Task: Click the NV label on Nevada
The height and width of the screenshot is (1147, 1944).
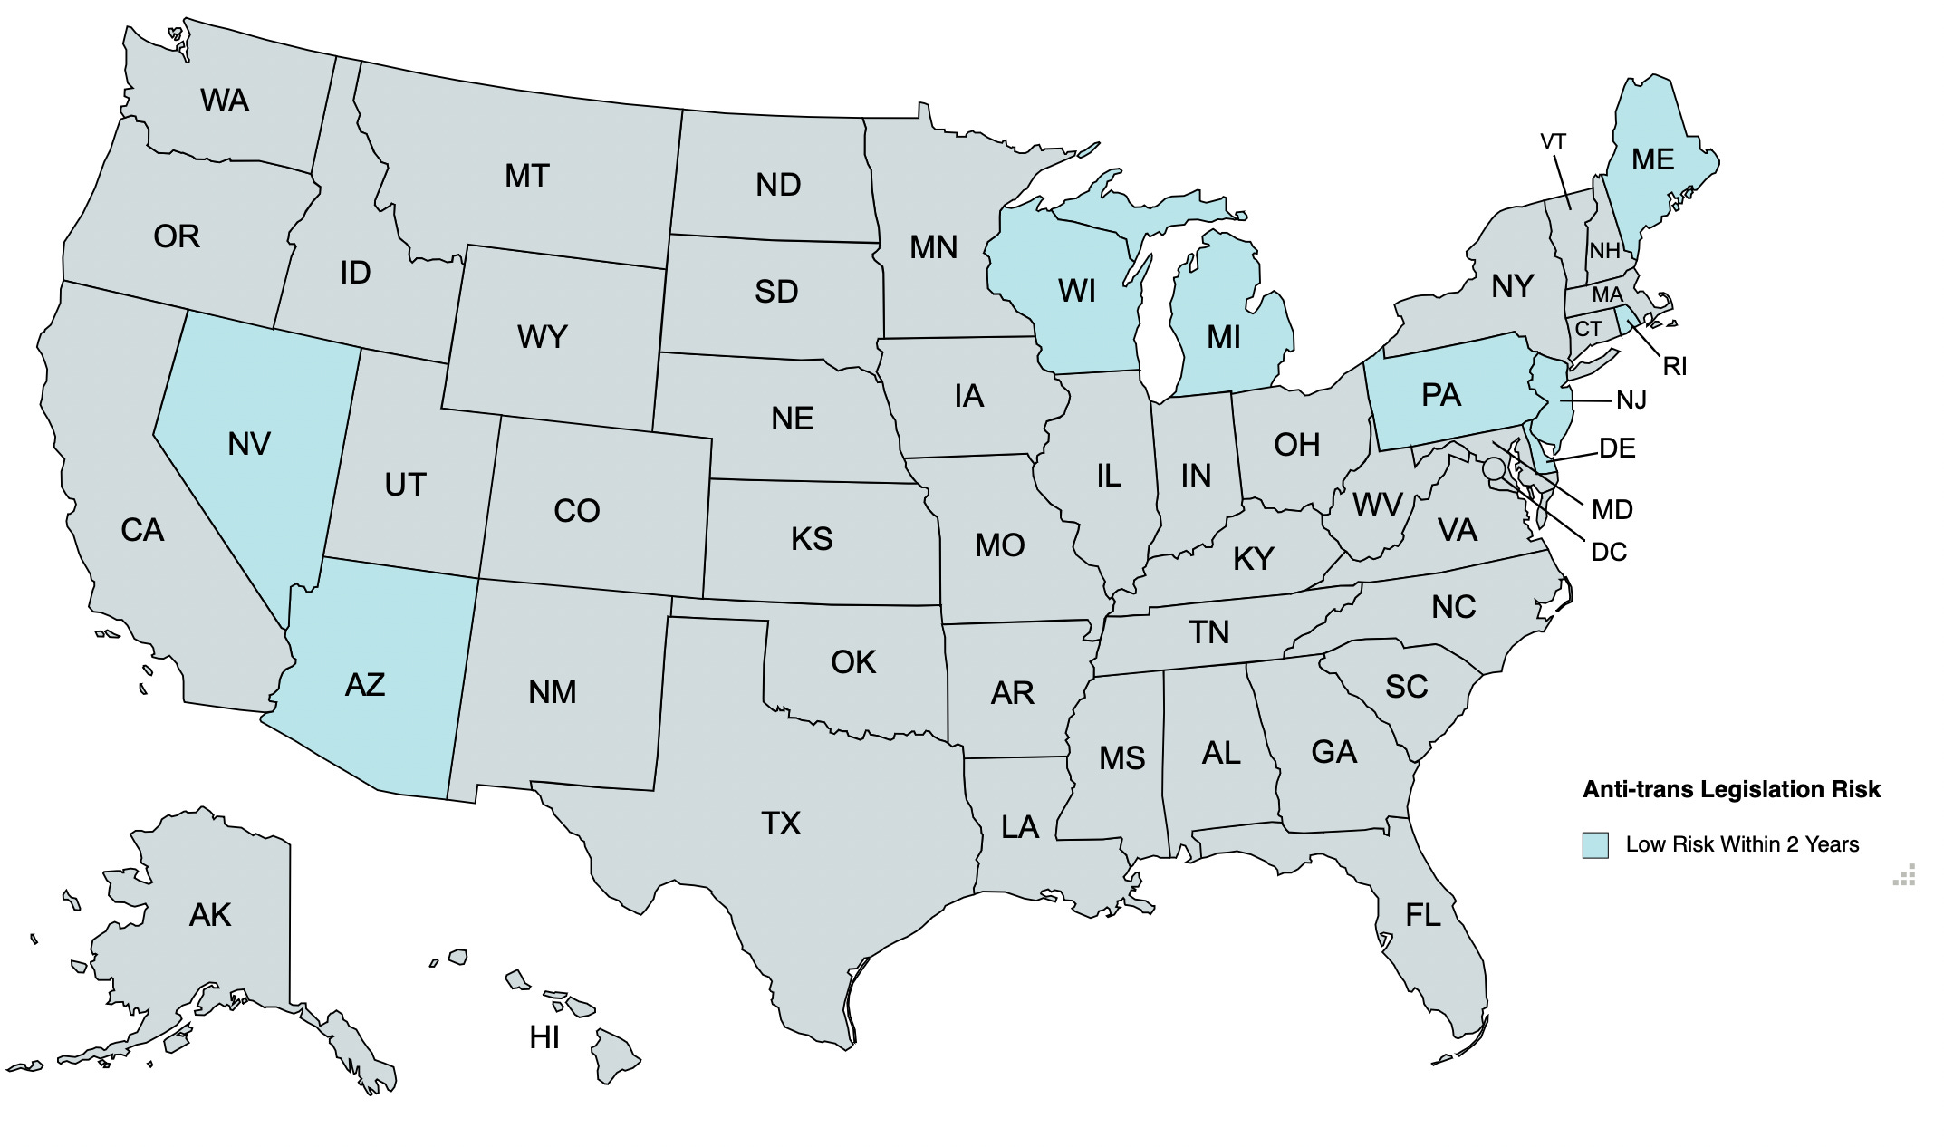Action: click(249, 444)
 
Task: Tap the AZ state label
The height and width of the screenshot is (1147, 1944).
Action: click(365, 685)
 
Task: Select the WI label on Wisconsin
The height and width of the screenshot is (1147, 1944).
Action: click(1076, 292)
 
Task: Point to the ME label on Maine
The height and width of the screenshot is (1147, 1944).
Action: click(1652, 160)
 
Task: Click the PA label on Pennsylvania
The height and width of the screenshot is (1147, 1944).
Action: click(1440, 396)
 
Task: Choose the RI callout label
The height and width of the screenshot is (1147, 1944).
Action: click(1674, 367)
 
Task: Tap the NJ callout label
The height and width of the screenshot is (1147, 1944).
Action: click(1631, 400)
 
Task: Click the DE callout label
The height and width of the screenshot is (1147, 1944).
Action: click(1617, 448)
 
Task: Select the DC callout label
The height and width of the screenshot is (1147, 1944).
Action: click(1609, 552)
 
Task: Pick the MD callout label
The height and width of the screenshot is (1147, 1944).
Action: click(1612, 510)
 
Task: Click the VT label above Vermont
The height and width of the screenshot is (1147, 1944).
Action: click(1553, 142)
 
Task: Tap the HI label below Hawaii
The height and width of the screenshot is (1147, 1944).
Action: click(544, 1037)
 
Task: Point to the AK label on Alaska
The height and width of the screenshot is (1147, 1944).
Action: click(210, 915)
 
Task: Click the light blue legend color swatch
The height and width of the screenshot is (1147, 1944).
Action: click(1595, 844)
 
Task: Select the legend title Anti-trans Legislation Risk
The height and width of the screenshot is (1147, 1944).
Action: click(1731, 789)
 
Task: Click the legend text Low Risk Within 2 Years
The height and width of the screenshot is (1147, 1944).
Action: click(1741, 844)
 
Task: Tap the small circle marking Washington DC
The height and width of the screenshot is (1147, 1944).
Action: click(1494, 469)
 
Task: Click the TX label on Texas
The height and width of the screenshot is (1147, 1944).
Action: click(780, 824)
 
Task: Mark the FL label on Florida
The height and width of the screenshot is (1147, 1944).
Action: click(1422, 916)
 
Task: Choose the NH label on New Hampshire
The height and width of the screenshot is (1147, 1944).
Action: click(1604, 251)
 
